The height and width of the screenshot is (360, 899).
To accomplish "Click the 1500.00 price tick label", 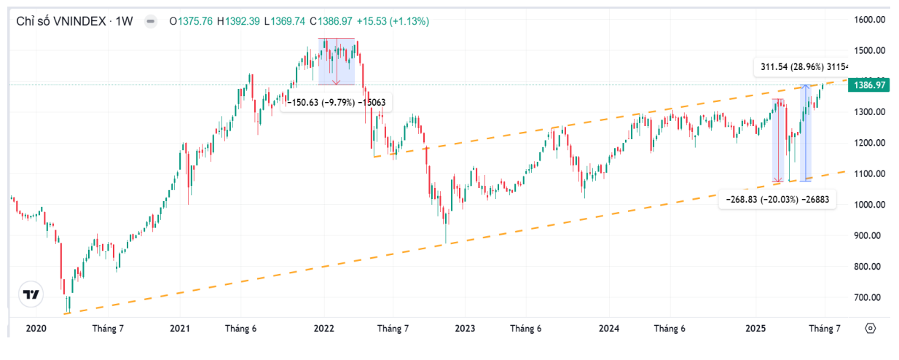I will pos(870,50).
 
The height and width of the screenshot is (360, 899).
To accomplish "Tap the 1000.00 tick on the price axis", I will pos(870,205).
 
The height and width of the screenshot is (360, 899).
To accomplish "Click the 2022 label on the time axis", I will pos(323,329).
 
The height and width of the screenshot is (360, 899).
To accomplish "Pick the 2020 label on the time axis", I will pos(36,329).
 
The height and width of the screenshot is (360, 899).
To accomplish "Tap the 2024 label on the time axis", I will pos(609,329).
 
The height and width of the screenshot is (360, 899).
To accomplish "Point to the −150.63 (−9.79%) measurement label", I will pos(336,103).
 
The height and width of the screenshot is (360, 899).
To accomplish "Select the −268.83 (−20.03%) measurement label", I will pos(776,199).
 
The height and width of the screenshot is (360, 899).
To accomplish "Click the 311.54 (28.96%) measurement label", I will pos(799,68).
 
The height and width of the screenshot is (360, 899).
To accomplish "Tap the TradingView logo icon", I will pos(31,294).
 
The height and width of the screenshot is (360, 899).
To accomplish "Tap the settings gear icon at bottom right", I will pos(870,329).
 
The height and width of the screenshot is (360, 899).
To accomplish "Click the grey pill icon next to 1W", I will pos(150,21).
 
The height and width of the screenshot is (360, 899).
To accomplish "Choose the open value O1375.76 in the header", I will pos(191,21).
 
